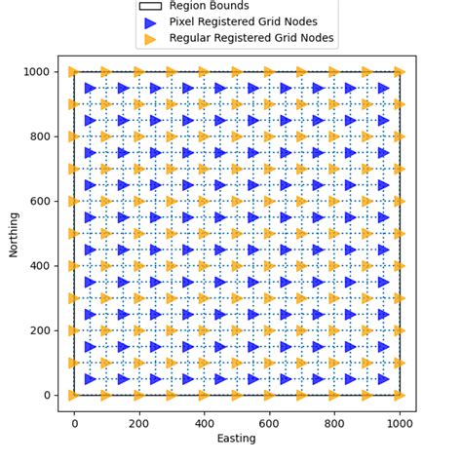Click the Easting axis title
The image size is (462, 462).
click(x=236, y=439)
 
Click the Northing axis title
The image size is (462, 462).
click(x=14, y=233)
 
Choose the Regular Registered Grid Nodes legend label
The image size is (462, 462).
click(x=251, y=39)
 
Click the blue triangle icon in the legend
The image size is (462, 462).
click(x=150, y=22)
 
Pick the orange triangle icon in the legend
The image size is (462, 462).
click(x=150, y=39)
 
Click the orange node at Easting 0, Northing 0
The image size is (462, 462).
click(x=74, y=395)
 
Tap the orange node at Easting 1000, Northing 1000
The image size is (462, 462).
click(x=399, y=72)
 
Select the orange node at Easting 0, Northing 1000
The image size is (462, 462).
click(x=74, y=72)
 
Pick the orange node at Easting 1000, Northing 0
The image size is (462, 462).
click(x=399, y=395)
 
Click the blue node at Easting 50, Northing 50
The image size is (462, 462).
click(x=91, y=379)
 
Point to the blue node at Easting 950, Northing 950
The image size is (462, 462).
click(x=383, y=89)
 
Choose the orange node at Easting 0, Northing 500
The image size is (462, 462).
click(x=74, y=234)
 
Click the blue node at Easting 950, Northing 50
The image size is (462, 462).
click(x=383, y=379)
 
